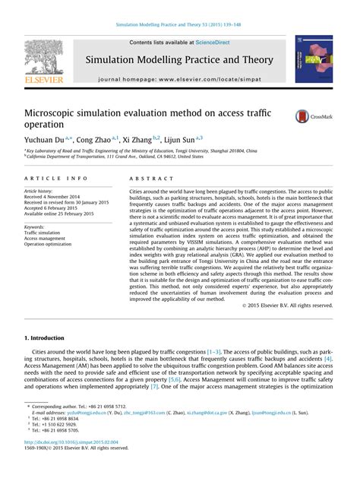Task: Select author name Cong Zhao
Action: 96,140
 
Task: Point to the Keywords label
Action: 36,226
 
